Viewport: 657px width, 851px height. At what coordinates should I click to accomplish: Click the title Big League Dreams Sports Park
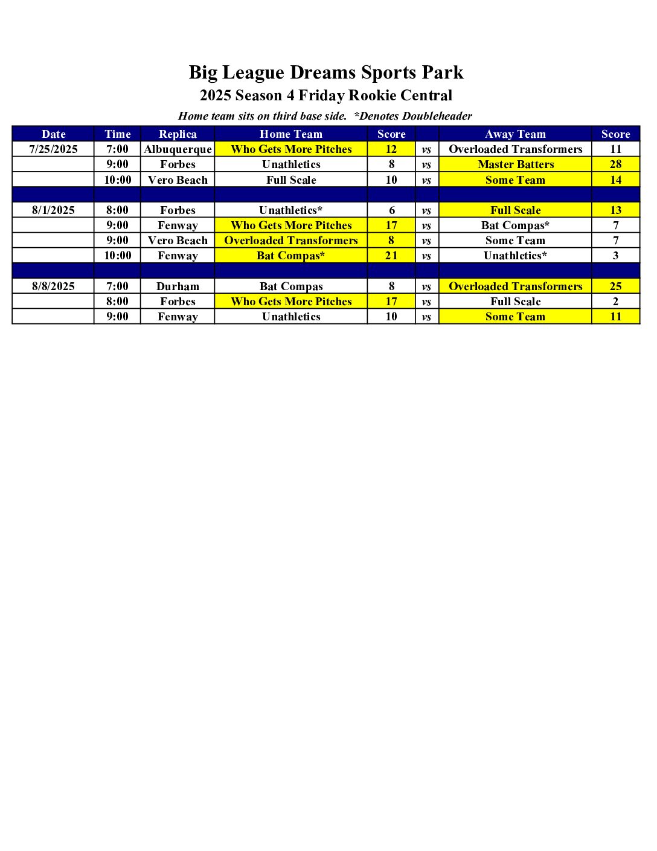(x=326, y=73)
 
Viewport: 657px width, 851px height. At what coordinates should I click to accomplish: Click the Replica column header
(x=178, y=134)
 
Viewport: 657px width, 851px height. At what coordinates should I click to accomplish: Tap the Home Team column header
(x=291, y=134)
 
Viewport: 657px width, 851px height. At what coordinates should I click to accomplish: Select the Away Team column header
(x=515, y=134)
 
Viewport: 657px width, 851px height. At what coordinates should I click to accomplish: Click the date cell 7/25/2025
(x=53, y=149)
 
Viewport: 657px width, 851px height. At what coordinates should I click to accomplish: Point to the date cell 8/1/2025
(x=53, y=210)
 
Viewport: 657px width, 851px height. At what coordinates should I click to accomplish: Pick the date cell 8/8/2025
(x=53, y=286)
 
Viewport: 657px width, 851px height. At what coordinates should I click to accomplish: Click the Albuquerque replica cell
(x=178, y=149)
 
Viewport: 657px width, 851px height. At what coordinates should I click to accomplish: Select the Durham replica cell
(x=178, y=286)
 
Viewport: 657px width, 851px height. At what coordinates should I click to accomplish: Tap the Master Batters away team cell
(x=516, y=164)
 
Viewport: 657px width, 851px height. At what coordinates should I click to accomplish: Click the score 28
(x=615, y=164)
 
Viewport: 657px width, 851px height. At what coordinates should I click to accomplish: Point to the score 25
(x=615, y=286)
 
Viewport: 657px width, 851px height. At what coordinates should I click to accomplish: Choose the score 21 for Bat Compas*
(x=391, y=256)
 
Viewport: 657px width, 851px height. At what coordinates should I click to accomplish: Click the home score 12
(x=391, y=149)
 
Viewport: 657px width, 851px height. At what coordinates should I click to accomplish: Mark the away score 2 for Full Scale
(x=615, y=302)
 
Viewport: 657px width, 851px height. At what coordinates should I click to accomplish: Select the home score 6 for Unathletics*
(x=391, y=210)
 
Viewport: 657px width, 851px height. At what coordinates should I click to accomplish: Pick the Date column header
(x=53, y=134)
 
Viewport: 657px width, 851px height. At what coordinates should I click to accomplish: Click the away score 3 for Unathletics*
(x=615, y=256)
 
